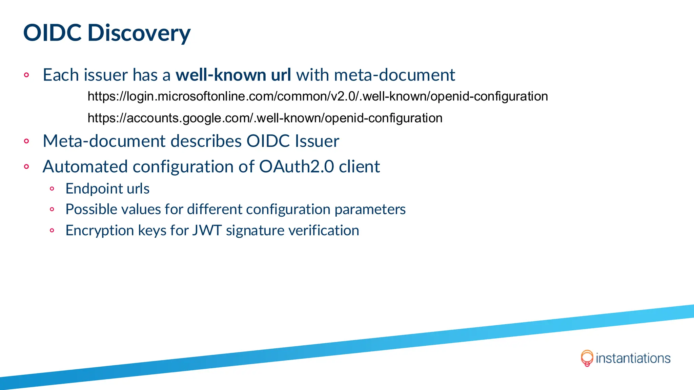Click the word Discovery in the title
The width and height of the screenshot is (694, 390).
point(139,33)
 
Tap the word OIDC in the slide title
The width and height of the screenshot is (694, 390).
point(52,33)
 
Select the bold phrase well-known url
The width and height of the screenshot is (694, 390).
point(233,75)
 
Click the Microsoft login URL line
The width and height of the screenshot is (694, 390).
point(318,96)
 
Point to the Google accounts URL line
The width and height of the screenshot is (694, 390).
point(265,118)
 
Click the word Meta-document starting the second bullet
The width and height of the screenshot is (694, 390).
point(106,141)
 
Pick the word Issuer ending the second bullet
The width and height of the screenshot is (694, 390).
point(317,141)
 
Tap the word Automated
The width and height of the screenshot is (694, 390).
point(85,167)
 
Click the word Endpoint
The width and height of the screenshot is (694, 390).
point(94,189)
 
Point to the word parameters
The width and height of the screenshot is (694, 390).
point(370,210)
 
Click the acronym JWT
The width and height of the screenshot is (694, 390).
point(207,231)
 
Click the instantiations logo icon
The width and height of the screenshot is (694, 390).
point(587,358)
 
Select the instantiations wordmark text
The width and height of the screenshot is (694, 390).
point(633,358)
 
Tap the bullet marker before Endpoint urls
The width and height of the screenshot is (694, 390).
point(52,189)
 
